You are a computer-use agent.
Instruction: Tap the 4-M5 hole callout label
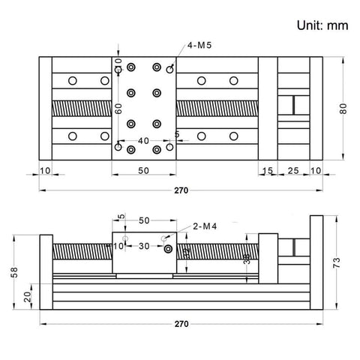tap(199, 46)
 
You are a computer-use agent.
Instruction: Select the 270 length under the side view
tap(180, 324)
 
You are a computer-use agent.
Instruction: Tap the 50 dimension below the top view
tap(143, 172)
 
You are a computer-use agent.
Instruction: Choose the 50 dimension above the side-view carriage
tap(144, 220)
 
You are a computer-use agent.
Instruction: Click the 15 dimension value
tap(268, 172)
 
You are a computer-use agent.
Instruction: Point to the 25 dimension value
tap(293, 172)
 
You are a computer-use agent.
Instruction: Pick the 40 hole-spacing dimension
tap(143, 139)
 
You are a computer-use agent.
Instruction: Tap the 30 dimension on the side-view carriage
tap(144, 245)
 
